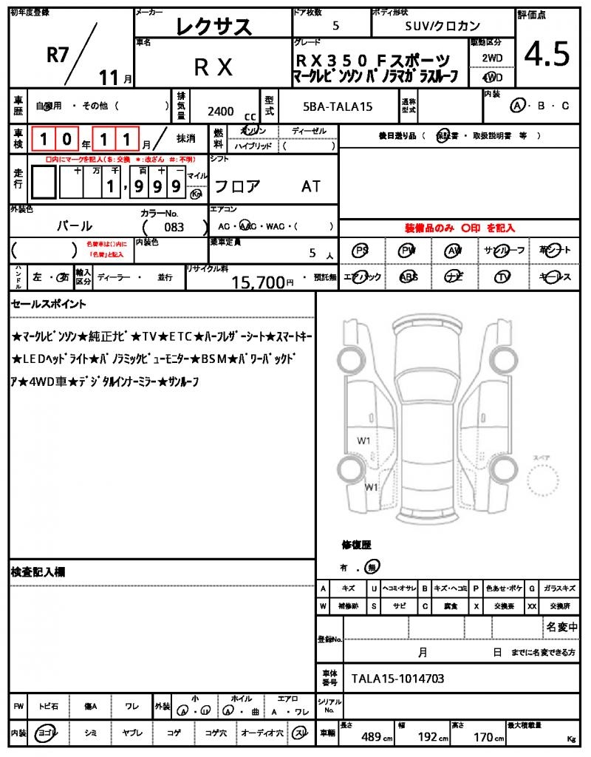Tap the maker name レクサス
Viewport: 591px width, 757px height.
tap(213, 27)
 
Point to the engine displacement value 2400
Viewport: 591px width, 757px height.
tap(221, 111)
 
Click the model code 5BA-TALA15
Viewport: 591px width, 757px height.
tap(338, 106)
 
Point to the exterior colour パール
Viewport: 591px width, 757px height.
tap(75, 226)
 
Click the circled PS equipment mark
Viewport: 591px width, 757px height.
tap(361, 251)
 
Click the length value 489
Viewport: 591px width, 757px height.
tap(371, 737)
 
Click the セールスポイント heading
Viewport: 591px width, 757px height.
tap(49, 304)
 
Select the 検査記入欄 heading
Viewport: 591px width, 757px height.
tap(38, 571)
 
